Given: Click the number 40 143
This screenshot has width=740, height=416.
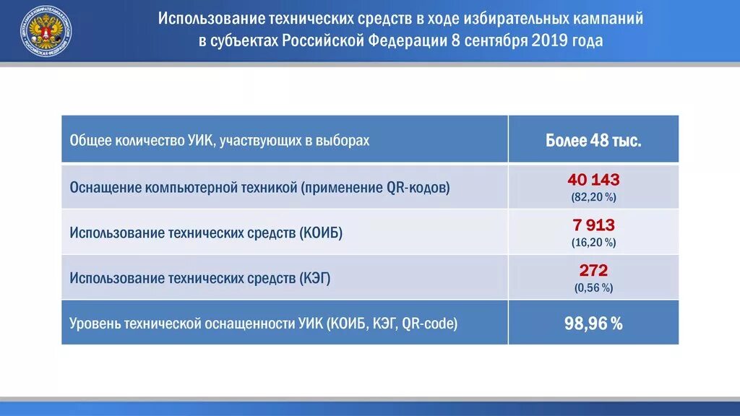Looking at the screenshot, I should (593, 180).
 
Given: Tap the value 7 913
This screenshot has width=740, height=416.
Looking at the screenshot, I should (593, 225).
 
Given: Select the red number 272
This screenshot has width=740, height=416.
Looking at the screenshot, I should (593, 271).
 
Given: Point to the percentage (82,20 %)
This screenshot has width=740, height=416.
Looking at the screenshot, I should (593, 197).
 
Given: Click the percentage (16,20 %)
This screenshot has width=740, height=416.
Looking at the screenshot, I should (593, 243).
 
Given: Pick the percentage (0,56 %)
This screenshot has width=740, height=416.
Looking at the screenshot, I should (593, 287).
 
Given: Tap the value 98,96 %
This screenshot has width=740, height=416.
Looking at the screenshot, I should (593, 324).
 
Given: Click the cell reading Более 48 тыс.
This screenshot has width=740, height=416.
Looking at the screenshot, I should (593, 140).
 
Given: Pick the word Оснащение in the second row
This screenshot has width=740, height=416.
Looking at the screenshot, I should (105, 188).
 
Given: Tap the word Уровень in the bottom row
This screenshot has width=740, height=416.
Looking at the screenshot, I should (95, 324).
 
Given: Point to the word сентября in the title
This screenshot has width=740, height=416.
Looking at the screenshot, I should (495, 40).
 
